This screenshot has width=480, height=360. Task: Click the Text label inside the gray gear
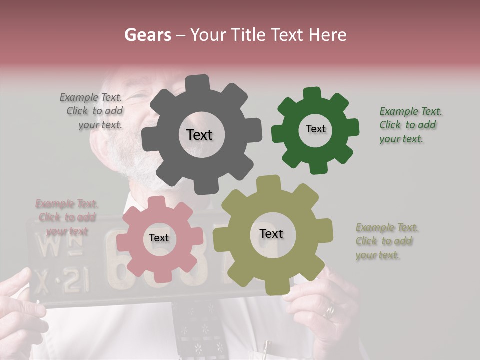click(199, 135)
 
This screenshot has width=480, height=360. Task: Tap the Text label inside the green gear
click(315, 129)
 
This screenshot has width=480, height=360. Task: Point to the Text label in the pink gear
click(159, 238)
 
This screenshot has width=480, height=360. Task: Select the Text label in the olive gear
click(271, 234)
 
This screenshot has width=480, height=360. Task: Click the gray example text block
click(93, 111)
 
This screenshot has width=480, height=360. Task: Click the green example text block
click(410, 125)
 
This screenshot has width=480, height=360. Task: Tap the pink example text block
click(67, 217)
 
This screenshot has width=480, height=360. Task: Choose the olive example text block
click(386, 241)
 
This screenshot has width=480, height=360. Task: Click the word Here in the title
click(328, 35)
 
